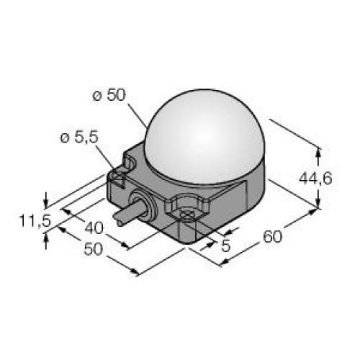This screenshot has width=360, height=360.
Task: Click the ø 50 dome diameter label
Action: pos(109,96)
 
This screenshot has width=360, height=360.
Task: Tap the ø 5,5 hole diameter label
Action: pos(79,138)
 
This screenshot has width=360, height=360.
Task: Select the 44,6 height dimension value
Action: pos(315,179)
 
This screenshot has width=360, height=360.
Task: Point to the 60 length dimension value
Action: pos(272,236)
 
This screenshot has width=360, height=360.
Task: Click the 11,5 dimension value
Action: pos(35,220)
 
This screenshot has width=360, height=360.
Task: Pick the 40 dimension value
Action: pos(94,228)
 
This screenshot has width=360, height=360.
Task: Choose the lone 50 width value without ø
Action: pos(93,249)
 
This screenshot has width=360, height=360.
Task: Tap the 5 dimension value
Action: pos(225,246)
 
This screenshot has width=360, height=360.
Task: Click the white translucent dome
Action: pos(204,135)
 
